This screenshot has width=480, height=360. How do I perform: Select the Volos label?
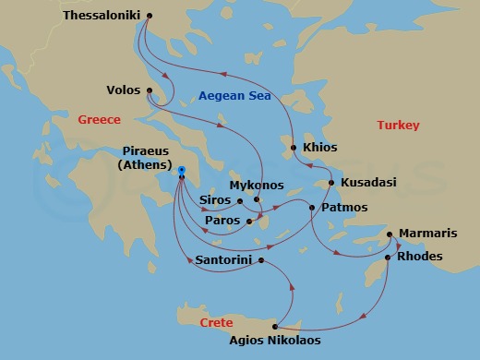pos(124,90)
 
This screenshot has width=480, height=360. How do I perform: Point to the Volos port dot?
pos(150,90)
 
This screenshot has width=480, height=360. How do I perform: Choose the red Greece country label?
pos(100,120)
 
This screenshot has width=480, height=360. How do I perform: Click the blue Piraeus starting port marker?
pos(182,169)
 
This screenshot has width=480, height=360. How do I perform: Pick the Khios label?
pos(319,148)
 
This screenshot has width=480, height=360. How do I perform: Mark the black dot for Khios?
pos(294,148)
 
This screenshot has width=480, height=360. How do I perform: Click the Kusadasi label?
pos(368,183)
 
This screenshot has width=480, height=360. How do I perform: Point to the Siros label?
pos(215,200)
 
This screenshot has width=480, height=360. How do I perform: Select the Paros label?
pos(223,221)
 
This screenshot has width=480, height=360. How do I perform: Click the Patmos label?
pos(344,208)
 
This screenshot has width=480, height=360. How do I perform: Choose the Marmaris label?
pos(427,234)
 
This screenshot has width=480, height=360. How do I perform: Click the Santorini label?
pos(225,260)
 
